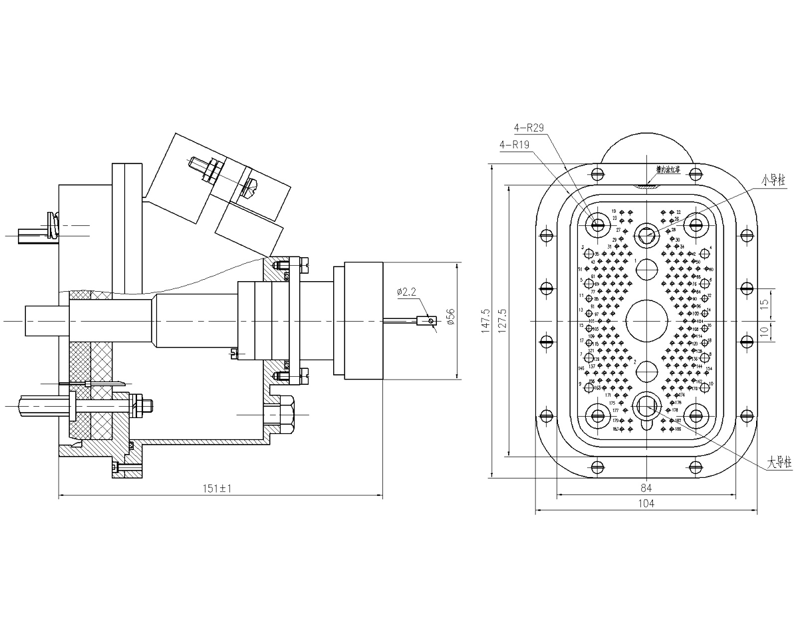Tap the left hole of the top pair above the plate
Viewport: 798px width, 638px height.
tap(597, 174)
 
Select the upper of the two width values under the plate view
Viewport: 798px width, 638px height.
tap(644, 486)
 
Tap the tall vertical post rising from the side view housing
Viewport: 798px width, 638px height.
tap(126, 226)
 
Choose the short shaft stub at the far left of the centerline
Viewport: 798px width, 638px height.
tap(43, 321)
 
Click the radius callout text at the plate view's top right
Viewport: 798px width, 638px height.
tap(774, 179)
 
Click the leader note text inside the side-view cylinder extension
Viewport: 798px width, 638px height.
tap(406, 292)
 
